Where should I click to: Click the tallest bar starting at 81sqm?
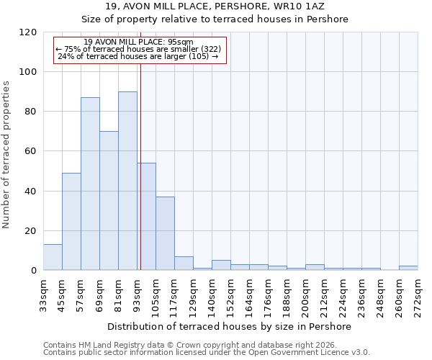[x=127, y=181]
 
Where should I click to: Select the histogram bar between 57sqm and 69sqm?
[x=90, y=184]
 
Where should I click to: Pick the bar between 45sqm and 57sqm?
[x=71, y=221]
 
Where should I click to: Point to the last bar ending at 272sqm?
[x=408, y=268]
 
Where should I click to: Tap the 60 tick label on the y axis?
[x=30, y=151]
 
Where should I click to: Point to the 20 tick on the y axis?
[x=30, y=231]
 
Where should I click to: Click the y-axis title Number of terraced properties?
[x=6, y=155]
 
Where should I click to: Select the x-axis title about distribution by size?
[x=230, y=326]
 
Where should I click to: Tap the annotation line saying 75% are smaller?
[x=139, y=49]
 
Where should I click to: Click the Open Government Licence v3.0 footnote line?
[x=206, y=352]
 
